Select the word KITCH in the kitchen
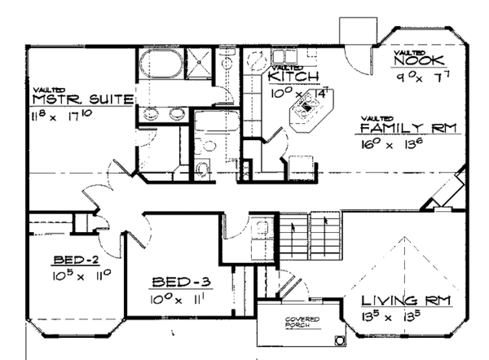click(x=287, y=76)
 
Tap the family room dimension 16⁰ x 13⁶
click(x=395, y=144)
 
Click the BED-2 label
click(x=76, y=261)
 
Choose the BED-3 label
click(x=182, y=283)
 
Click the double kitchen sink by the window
click(x=258, y=64)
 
